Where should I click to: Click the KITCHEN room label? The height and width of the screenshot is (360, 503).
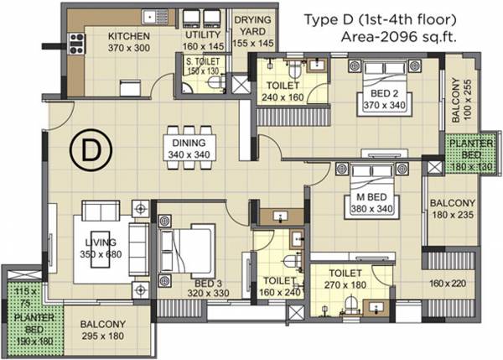tap(128, 36)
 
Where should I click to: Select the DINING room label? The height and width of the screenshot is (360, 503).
tap(189, 143)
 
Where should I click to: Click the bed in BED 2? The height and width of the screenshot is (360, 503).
tap(381, 87)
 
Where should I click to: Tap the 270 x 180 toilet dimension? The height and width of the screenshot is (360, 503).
tap(345, 284)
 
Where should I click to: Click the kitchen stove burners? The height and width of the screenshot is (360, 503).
tap(75, 38)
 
